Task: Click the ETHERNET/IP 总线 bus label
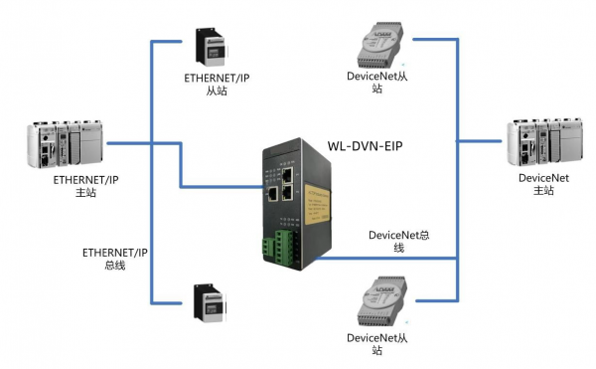114,260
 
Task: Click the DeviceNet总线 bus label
397,241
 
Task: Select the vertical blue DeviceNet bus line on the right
458,199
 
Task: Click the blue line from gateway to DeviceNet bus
397,259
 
